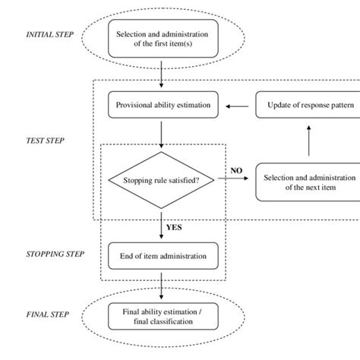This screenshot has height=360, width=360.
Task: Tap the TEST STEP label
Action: (x=46, y=141)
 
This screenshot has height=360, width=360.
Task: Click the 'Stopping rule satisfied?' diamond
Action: (x=163, y=180)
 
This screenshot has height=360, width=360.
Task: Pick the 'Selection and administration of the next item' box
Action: (x=308, y=182)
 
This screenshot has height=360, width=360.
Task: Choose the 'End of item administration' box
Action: (x=163, y=256)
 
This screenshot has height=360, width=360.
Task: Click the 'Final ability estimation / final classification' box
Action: (x=163, y=315)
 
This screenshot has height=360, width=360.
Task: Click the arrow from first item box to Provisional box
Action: (x=163, y=74)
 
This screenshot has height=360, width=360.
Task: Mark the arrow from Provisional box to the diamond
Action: (x=163, y=133)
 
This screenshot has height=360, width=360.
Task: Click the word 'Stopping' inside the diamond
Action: (x=137, y=181)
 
